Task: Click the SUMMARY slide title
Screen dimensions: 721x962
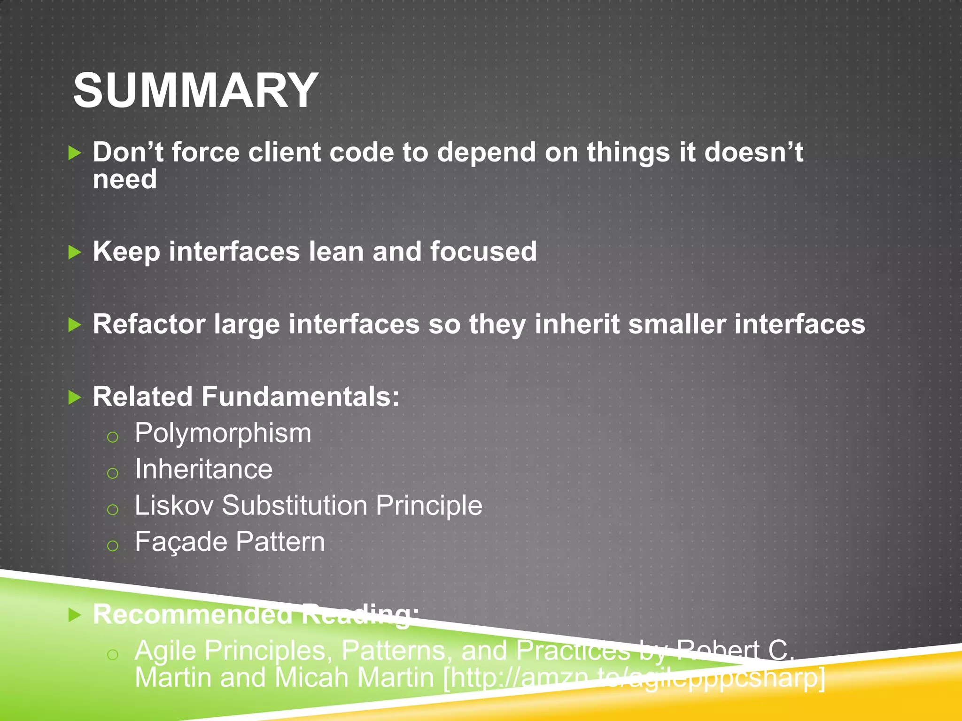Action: tap(196, 91)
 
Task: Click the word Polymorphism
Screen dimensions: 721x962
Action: tap(223, 433)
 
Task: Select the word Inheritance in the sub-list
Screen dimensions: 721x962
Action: tap(203, 469)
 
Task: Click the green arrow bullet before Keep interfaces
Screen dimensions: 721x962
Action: tap(75, 253)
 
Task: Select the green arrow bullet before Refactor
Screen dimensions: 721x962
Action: tap(75, 325)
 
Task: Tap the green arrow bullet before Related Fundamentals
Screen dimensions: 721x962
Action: tap(75, 398)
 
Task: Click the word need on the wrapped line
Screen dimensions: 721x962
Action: tap(124, 180)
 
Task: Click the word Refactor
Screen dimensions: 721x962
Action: tap(149, 324)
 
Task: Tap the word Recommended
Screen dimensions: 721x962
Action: tap(193, 614)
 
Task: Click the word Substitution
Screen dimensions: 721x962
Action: tap(295, 506)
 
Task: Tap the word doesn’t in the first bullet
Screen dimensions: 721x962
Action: tap(753, 153)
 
